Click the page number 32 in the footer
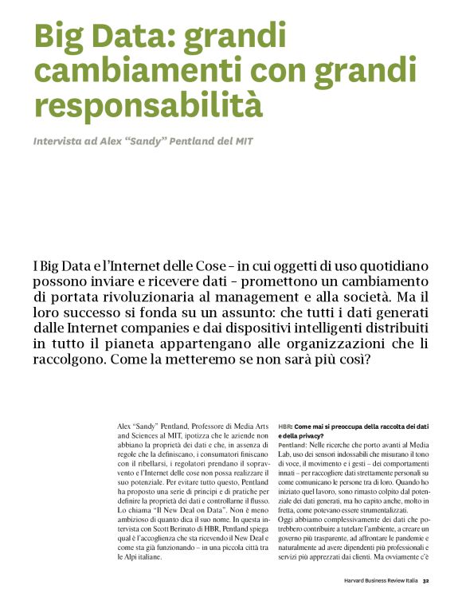(427, 580)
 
